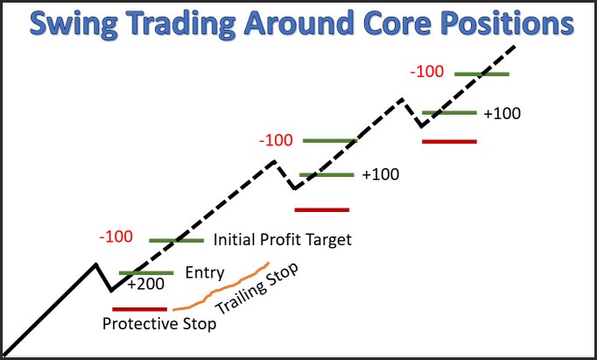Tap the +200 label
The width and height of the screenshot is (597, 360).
point(144,285)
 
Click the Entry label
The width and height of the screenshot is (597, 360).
point(206,272)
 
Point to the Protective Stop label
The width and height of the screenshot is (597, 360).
point(158,323)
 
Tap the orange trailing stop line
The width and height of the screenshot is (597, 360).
point(219,289)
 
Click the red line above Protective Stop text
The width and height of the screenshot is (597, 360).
point(140,308)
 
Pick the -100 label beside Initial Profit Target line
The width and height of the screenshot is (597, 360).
point(116,236)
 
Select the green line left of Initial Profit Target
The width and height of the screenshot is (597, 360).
point(177,240)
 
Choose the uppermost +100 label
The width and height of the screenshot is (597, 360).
point(501,114)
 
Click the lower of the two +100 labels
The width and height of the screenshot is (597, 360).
point(380,174)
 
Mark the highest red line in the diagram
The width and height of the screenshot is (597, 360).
point(449,140)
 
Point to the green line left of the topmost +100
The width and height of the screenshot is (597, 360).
point(449,113)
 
